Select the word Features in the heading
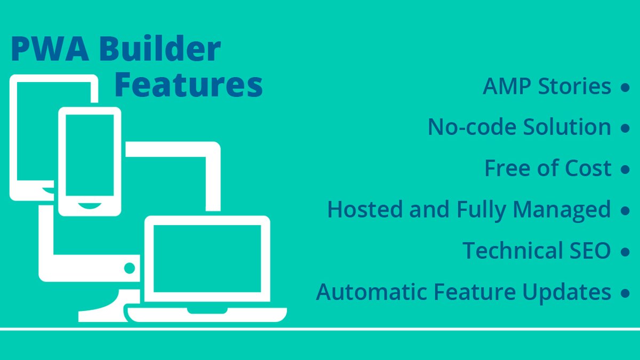[x=189, y=85]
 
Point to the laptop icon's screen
[x=207, y=259]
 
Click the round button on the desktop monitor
[x=129, y=267]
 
